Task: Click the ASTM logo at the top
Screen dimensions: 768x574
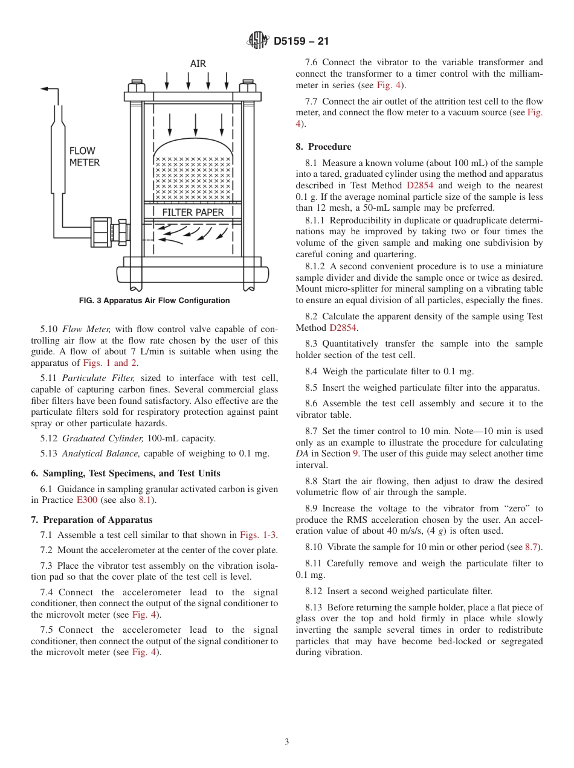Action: (258, 41)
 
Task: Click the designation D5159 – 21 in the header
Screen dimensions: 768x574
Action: (301, 42)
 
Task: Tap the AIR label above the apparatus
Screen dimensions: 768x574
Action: (198, 64)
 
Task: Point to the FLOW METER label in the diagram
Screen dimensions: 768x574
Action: (84, 156)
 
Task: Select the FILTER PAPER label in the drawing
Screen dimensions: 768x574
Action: (193, 213)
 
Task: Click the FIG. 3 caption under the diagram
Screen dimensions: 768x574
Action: (154, 301)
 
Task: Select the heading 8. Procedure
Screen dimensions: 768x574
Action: (323, 147)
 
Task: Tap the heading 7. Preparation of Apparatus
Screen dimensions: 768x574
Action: (92, 520)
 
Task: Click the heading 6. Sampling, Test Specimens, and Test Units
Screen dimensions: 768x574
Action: (126, 473)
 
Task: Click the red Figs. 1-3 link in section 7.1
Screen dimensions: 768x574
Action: (258, 535)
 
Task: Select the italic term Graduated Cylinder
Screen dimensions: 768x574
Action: (102, 438)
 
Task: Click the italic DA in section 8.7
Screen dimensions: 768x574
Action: (302, 453)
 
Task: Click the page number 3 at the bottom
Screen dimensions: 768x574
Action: (287, 742)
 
